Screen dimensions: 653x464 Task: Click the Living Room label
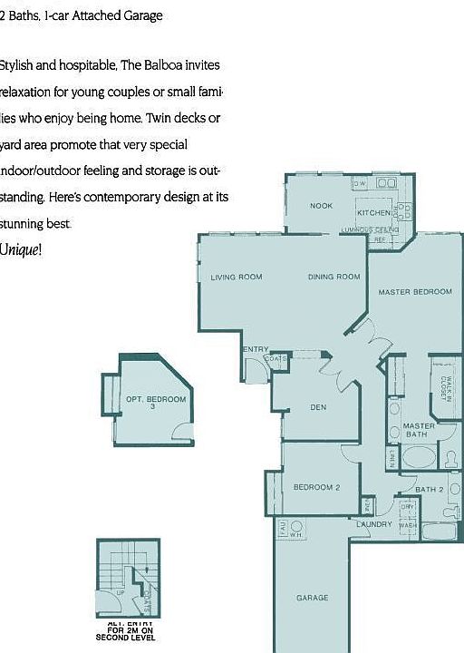237,277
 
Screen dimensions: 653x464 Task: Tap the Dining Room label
333,277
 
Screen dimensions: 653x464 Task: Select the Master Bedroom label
415,291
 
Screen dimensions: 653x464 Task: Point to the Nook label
321,206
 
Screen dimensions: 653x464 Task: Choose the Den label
318,407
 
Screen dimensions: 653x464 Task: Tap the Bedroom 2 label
316,487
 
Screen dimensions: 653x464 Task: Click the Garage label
312,598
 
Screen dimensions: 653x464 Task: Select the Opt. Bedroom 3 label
155,403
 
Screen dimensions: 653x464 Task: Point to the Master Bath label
419,430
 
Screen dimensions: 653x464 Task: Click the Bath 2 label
430,490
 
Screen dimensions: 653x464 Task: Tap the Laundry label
374,524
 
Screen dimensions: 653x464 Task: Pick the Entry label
256,349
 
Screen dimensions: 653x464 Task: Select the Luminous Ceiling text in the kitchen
367,229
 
